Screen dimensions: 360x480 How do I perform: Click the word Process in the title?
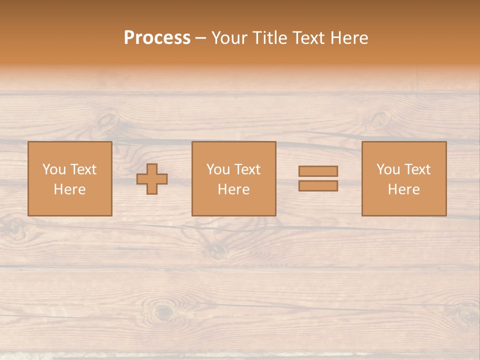(157, 38)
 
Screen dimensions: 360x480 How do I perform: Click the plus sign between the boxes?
(152, 179)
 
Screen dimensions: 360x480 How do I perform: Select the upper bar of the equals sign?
(318, 171)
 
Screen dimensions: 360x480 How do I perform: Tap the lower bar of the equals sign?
(318, 186)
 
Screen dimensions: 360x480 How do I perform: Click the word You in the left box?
(54, 169)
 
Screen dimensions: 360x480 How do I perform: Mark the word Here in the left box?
(69, 189)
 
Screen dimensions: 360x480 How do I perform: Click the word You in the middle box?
(218, 169)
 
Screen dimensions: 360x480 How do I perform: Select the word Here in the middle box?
(233, 189)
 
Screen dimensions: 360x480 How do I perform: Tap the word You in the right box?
(388, 169)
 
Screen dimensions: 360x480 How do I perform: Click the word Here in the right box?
(403, 189)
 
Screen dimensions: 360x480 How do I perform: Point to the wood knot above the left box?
(107, 120)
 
